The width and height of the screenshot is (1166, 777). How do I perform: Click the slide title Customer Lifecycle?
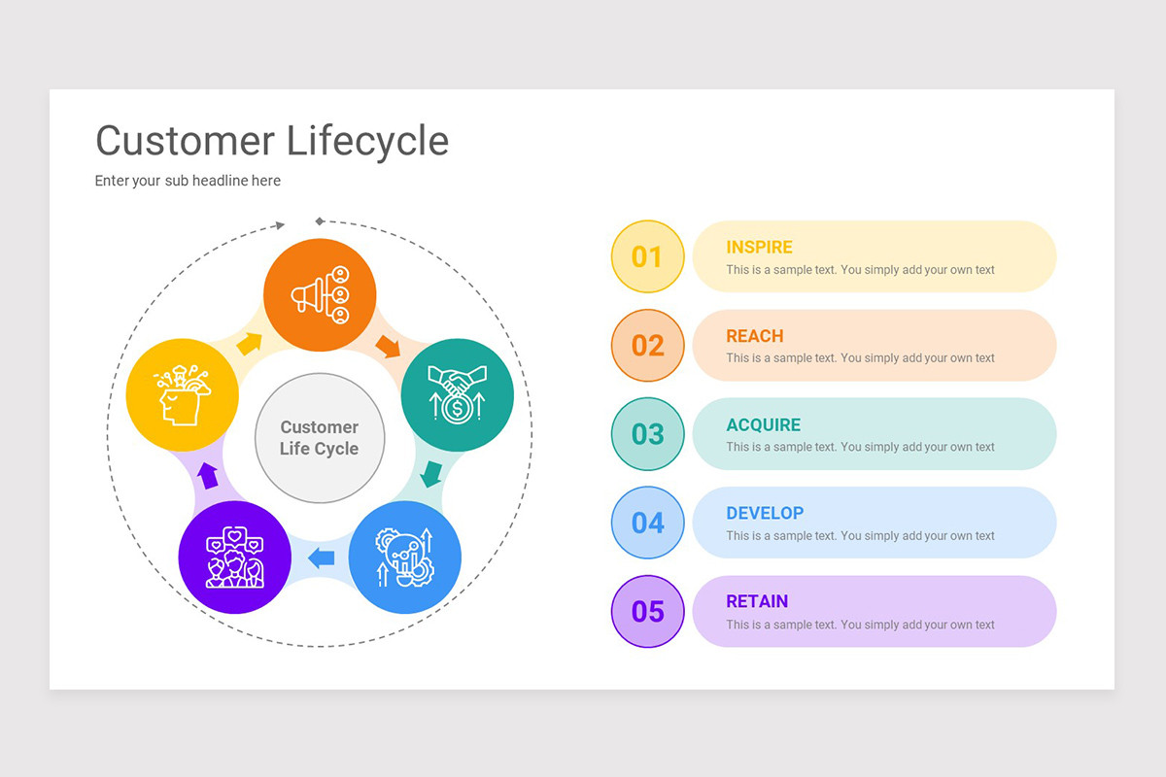(x=272, y=141)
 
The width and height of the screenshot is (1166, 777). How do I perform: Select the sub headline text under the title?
(x=188, y=181)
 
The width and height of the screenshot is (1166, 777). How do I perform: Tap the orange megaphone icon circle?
(x=320, y=294)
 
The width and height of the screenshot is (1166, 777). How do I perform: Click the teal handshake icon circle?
(x=458, y=394)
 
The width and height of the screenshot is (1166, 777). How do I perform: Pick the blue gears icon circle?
(x=404, y=557)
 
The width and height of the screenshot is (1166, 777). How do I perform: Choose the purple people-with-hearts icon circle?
(x=235, y=557)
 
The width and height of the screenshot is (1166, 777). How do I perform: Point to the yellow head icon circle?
(x=183, y=394)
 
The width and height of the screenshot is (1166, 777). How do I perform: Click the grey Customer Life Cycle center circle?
(x=320, y=438)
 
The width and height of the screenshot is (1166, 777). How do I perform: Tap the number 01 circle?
(x=647, y=256)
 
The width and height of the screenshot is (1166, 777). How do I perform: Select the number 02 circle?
(x=647, y=346)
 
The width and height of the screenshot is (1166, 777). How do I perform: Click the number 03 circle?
(x=647, y=434)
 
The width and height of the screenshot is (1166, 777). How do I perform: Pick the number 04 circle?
(x=647, y=523)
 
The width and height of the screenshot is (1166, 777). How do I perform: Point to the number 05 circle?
(x=647, y=612)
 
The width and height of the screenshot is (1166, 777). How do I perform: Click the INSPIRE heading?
(x=759, y=248)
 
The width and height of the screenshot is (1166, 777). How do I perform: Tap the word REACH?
(x=754, y=336)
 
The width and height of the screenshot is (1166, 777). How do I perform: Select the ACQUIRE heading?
(x=764, y=424)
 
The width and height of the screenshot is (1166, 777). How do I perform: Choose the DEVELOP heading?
(x=765, y=513)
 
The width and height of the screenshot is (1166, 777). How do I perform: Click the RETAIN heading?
(x=757, y=601)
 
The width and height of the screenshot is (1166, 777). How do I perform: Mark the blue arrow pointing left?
(x=321, y=557)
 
